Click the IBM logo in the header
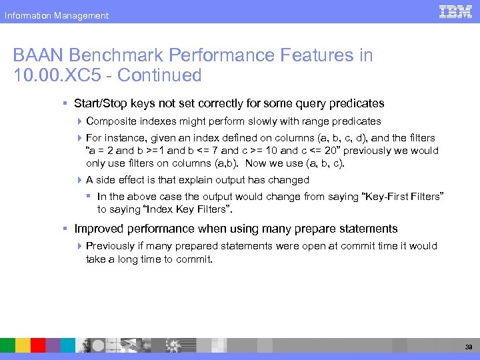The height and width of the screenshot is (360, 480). (456, 11)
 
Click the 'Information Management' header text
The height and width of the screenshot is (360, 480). (56, 15)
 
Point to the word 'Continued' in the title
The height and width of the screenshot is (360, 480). (159, 75)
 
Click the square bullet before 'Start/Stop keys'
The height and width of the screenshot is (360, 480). (65, 104)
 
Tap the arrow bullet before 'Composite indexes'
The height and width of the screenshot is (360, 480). (79, 121)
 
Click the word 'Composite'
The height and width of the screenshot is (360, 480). (109, 121)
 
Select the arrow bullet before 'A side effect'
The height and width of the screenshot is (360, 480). (79, 180)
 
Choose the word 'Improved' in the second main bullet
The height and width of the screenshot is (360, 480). (97, 229)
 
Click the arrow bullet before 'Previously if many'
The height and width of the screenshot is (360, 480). (79, 246)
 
